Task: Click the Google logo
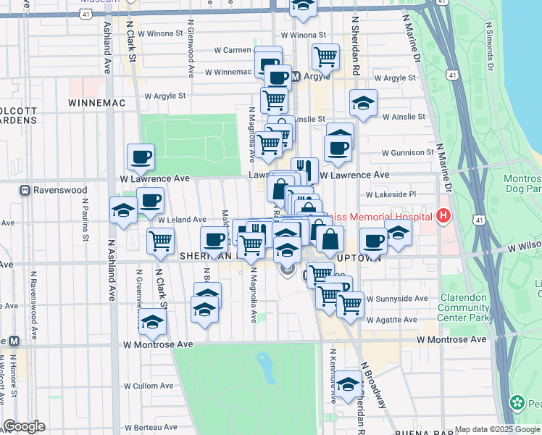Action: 24,426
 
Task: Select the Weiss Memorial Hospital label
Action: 381,217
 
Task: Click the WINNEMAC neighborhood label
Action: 97,103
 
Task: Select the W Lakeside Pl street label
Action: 391,194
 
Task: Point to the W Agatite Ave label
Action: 391,319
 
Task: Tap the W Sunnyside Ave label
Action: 396,298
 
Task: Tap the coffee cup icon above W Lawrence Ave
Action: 141,156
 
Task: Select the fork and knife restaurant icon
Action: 305,170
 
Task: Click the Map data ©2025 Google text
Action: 496,429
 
